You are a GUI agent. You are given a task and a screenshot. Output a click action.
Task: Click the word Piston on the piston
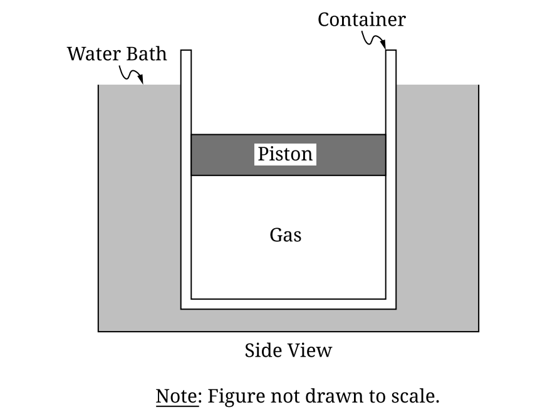click(285, 154)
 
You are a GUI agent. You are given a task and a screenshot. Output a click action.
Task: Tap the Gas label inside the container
click(285, 235)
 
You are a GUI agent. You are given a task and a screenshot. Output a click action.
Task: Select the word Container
click(361, 19)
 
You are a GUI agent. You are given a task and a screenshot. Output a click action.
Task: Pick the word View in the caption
click(309, 350)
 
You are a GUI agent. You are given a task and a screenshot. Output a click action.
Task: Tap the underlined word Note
click(176, 396)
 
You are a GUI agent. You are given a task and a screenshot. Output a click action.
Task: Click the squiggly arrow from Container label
click(375, 41)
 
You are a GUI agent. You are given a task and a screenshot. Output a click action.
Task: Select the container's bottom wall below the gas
click(288, 304)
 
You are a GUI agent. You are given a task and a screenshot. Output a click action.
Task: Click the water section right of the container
click(437, 207)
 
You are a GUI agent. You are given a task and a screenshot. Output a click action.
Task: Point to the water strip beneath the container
click(288, 320)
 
